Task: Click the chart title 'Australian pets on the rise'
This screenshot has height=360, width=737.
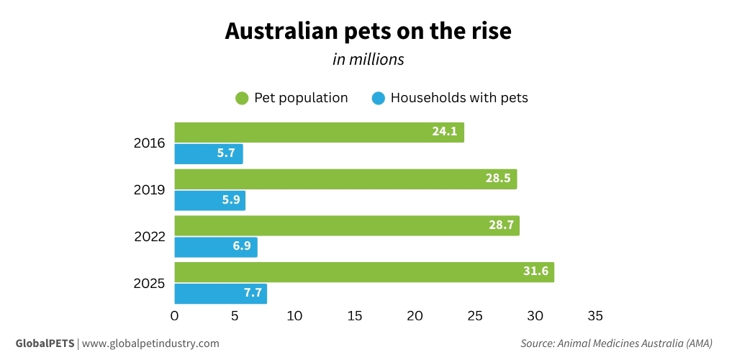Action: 368,32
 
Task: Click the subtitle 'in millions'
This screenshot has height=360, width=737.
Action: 368,60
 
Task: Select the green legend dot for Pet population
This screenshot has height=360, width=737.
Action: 243,98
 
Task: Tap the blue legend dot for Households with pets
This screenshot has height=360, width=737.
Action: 379,98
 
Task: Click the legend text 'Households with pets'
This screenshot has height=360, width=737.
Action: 458,98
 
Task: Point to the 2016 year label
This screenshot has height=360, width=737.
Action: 150,143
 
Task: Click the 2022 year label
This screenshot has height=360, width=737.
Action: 150,237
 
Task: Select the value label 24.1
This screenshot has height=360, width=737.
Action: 444,132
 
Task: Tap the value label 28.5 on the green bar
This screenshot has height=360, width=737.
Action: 497,179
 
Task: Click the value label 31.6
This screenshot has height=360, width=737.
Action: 535,272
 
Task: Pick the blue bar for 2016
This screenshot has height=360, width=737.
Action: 209,154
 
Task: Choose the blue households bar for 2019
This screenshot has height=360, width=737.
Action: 209,201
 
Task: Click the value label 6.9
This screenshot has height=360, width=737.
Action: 238,248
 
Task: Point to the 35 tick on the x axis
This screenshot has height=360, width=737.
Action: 594,316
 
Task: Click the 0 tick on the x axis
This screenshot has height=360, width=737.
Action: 175,316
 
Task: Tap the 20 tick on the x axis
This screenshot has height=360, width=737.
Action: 415,316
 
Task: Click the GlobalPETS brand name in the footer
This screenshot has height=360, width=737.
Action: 45,343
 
